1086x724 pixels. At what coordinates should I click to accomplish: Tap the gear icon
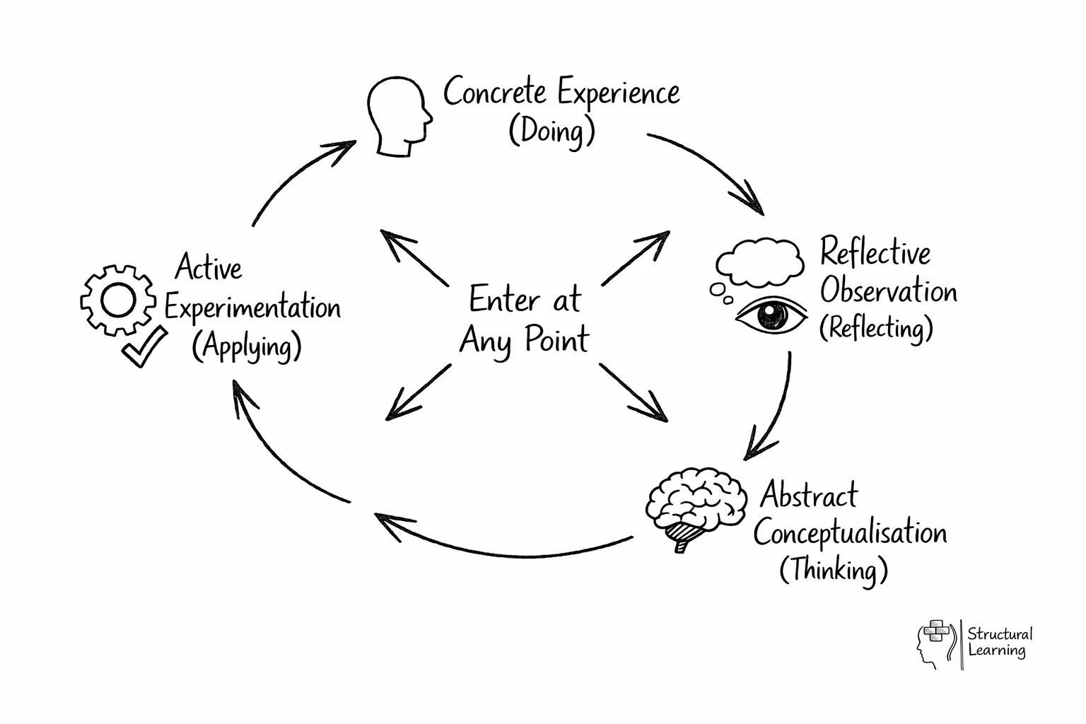coord(117,300)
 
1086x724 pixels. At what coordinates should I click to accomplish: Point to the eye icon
coord(771,315)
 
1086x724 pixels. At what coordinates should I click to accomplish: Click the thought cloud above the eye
coord(761,262)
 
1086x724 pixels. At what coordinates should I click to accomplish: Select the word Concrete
coord(494,92)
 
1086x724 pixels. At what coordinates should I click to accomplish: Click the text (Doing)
coord(551,131)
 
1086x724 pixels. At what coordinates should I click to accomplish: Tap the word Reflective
coord(875,252)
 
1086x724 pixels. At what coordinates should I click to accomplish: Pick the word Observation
coord(888,291)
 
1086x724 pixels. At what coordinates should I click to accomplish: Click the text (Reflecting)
coord(876,329)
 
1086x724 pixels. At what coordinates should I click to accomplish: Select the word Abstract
coord(809,495)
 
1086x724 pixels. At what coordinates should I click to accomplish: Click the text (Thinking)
coord(833,570)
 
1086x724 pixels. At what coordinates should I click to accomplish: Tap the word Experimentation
coord(252,308)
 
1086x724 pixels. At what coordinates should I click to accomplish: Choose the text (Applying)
coord(247,346)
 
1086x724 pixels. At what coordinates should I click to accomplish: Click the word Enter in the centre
coord(504,300)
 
